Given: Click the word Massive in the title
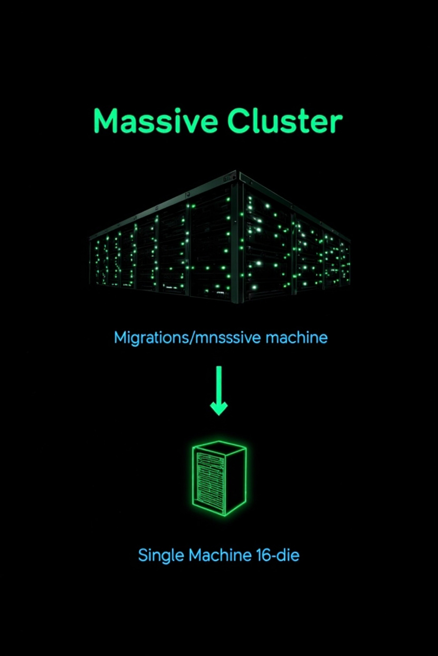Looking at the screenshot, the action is (155, 121).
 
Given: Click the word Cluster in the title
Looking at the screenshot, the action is (285, 121).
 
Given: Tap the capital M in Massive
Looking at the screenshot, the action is (105, 121).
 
